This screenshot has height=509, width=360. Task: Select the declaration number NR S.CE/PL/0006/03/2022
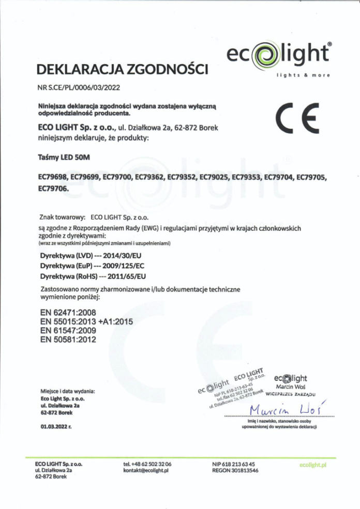point(79,87)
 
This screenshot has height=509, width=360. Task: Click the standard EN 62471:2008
point(68,313)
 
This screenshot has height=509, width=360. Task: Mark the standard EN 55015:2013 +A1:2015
point(86,321)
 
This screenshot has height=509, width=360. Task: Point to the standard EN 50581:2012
point(68,340)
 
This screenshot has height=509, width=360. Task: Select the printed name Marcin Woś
point(290,386)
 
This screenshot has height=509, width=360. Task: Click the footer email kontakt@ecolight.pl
point(147,471)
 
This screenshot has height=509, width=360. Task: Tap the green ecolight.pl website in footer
point(313,465)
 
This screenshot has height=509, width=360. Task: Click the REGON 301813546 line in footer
point(235,471)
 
